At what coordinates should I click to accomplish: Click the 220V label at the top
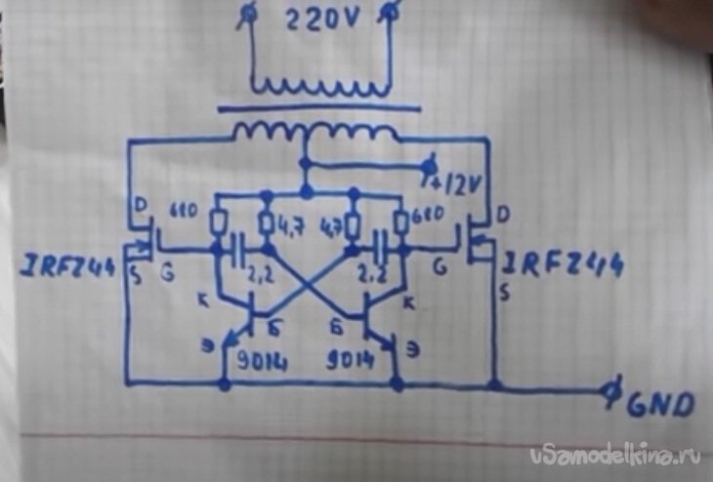click(320, 22)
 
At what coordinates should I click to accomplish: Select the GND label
click(660, 402)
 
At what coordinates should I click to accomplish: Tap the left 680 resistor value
click(184, 212)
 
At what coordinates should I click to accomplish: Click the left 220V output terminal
click(249, 12)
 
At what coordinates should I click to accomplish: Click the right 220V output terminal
click(392, 12)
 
